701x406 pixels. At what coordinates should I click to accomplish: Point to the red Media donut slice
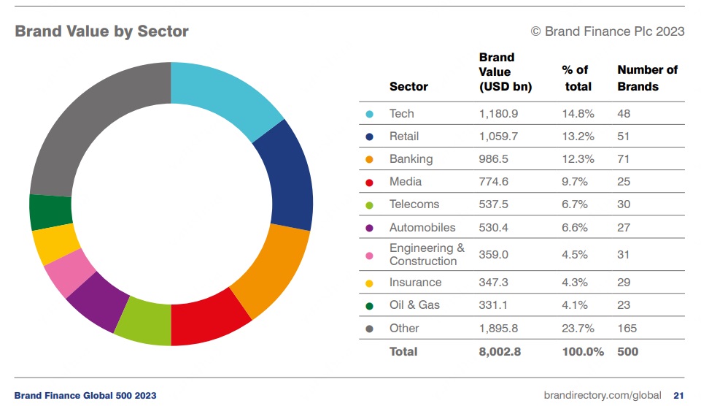(x=208, y=318)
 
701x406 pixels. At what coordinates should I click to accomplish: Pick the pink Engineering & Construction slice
(x=69, y=272)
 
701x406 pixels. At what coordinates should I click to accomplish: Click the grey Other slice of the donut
(x=88, y=124)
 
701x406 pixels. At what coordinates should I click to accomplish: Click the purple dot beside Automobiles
(x=370, y=228)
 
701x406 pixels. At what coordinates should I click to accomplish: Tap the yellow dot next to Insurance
(x=370, y=283)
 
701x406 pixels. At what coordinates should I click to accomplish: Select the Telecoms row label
(x=413, y=204)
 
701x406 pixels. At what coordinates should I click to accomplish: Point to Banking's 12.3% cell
(x=578, y=159)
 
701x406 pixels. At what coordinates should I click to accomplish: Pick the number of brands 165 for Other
(x=627, y=328)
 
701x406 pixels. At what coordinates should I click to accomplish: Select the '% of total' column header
(x=576, y=78)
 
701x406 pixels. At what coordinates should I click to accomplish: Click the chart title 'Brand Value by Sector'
(x=101, y=31)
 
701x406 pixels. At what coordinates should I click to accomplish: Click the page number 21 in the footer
(x=678, y=396)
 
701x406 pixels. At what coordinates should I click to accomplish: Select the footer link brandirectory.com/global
(x=603, y=396)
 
